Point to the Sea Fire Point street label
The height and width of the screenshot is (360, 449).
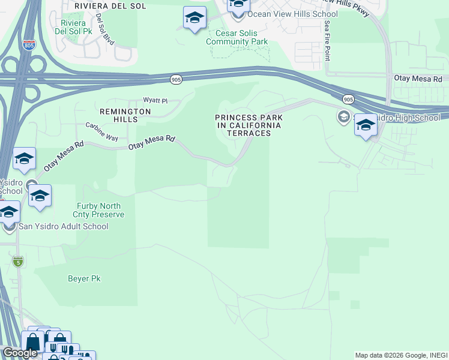(x=327, y=40)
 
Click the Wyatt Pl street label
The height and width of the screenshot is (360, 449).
(x=154, y=100)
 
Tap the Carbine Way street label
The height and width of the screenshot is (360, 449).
(x=101, y=132)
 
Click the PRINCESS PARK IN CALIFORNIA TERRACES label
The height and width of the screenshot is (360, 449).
(x=249, y=125)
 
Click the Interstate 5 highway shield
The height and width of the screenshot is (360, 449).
(x=18, y=261)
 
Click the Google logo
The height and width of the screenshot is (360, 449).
(x=20, y=353)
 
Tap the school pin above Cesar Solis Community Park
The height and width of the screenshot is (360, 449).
(x=194, y=19)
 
